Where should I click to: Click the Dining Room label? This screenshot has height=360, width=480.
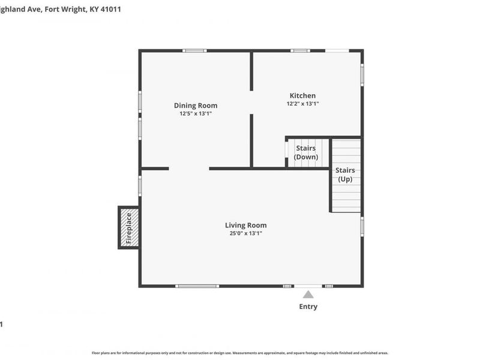(196, 106)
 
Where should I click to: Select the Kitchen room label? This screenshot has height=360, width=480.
(302, 95)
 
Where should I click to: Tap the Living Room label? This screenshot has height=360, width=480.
(245, 225)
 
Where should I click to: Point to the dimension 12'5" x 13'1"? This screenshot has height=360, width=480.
(196, 113)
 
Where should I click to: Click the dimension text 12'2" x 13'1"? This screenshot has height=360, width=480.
(302, 104)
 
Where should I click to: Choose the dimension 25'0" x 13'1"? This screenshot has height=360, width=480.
(245, 233)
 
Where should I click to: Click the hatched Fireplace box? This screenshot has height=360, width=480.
(128, 227)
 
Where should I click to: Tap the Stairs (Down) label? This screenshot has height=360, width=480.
(306, 153)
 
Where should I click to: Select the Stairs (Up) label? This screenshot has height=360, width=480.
(345, 175)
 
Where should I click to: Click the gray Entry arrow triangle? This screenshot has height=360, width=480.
(308, 294)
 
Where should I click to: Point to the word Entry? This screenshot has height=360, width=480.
(308, 307)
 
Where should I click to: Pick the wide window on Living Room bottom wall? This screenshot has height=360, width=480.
(197, 286)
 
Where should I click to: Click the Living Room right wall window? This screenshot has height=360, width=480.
(362, 226)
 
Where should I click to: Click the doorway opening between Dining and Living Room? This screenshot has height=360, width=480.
(189, 169)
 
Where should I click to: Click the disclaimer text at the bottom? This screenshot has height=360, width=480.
(240, 353)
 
